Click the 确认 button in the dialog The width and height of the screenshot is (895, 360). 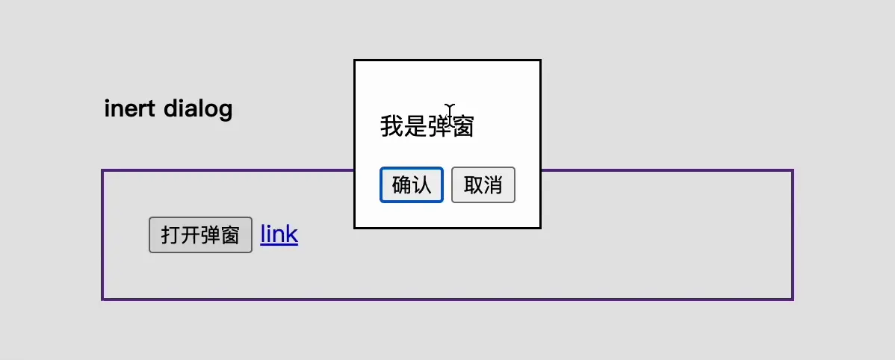coord(412,184)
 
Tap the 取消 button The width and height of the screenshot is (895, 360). coord(483,184)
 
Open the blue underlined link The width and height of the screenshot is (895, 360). coord(279,234)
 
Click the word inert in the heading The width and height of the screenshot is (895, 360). coord(129,108)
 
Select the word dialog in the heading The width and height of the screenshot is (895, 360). coord(198,109)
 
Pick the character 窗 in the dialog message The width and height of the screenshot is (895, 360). coord(462,126)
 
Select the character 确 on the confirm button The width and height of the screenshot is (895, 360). coord(402,184)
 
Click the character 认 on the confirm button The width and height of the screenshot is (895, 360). coord(421,184)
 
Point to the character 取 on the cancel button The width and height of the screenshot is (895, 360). coord(474,184)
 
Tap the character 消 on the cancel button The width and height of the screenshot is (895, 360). coord(493,184)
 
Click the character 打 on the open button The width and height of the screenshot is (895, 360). coord(170,235)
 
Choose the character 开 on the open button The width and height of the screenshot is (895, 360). coord(190,235)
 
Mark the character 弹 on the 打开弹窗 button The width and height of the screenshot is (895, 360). coord(209,235)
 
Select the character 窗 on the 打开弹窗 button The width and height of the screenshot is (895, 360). coord(229,235)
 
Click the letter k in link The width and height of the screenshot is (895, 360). coord(292,233)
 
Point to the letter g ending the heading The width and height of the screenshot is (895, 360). coord(226,111)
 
